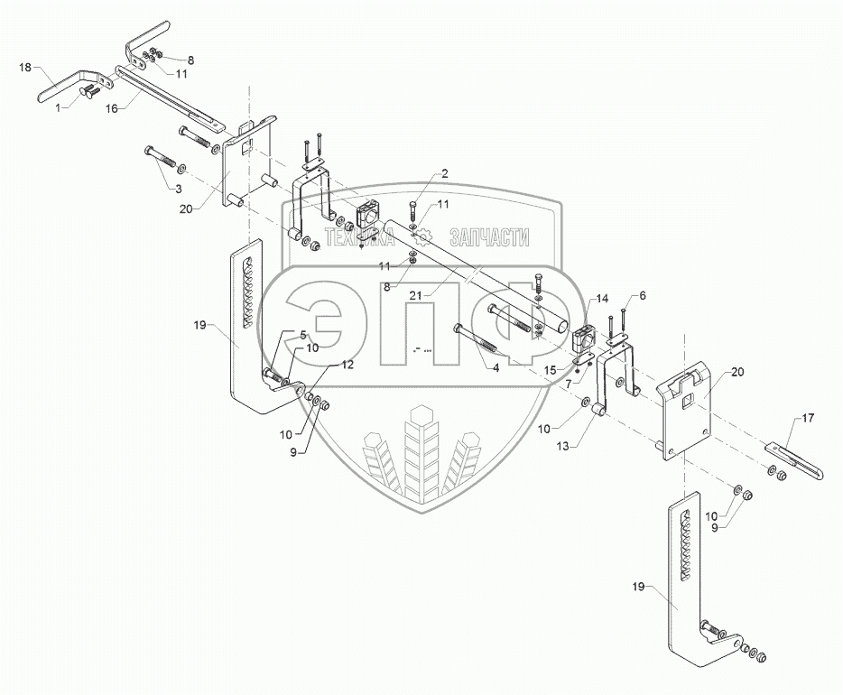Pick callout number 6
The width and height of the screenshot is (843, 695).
(x=643, y=295)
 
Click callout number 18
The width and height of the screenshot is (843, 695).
(x=25, y=68)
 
